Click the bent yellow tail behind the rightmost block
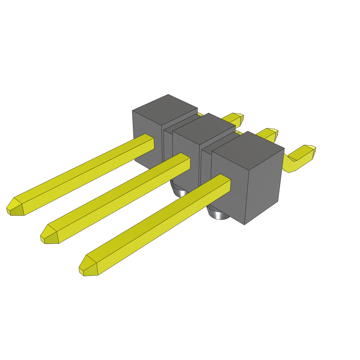click(301, 156)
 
